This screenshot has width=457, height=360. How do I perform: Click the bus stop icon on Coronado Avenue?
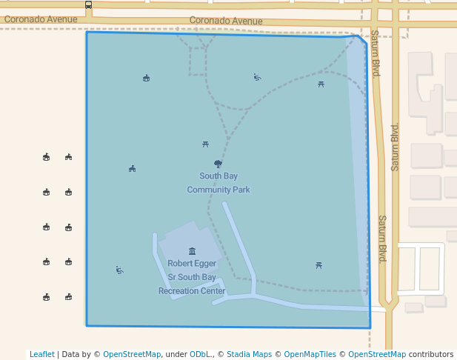[x=89, y=5]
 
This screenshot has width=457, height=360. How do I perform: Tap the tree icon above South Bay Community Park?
[x=218, y=164]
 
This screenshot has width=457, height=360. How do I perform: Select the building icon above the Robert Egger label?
[x=193, y=251]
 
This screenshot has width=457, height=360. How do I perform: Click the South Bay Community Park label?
[x=218, y=183]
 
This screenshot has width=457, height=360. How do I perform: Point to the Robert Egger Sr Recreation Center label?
[x=192, y=277]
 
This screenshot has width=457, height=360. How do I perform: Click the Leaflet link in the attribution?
[x=42, y=355]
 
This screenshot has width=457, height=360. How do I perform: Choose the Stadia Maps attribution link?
[x=249, y=355]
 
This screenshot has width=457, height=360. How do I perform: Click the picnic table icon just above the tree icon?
[x=205, y=144]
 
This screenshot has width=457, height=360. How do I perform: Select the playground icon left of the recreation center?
[x=119, y=270]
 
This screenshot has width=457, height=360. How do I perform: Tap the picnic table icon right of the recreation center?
[x=318, y=265]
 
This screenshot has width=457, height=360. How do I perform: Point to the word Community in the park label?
[x=208, y=190]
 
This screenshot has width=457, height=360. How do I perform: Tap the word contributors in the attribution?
[x=431, y=355]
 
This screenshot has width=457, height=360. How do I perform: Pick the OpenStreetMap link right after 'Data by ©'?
[x=132, y=355]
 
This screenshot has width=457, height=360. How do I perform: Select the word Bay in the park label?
[x=230, y=176]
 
